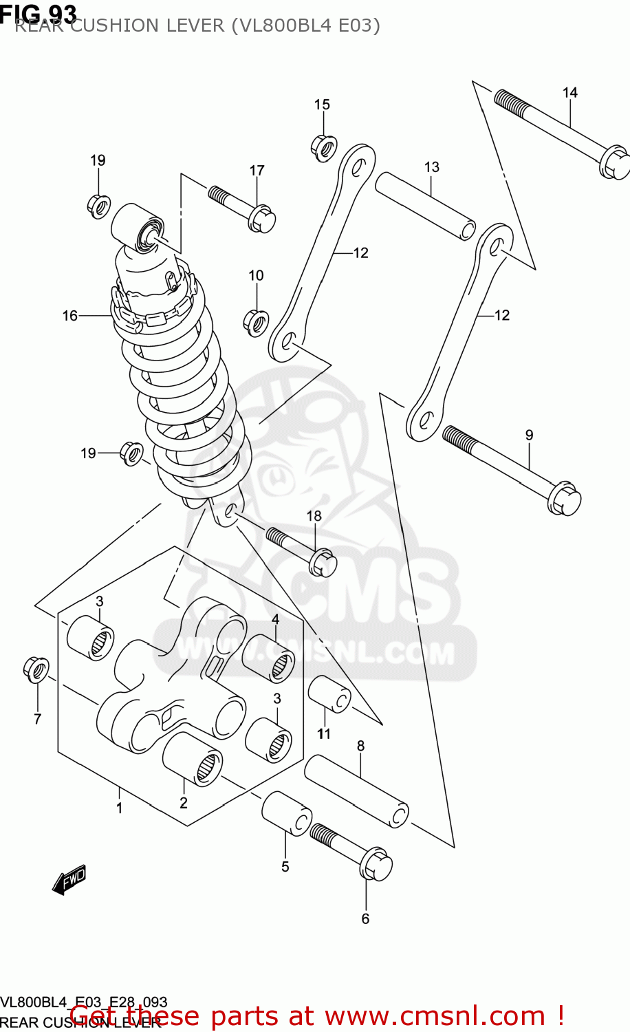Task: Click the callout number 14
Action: [x=569, y=93]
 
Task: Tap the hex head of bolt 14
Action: [x=614, y=162]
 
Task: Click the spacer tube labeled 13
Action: [x=426, y=206]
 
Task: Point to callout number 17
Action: [x=257, y=171]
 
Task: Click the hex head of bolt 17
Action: [x=263, y=218]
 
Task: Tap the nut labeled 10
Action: [x=256, y=321]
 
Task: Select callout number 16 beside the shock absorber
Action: [x=70, y=316]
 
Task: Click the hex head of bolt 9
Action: [x=565, y=498]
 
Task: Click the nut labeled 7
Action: [x=36, y=669]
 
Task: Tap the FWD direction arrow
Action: [x=69, y=879]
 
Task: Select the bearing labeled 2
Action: [x=193, y=759]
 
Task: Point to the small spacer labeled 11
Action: [x=329, y=694]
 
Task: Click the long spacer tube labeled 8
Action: [x=357, y=791]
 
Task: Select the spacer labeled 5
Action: [x=286, y=813]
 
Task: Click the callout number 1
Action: [x=119, y=808]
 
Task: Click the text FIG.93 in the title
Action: [x=39, y=12]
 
